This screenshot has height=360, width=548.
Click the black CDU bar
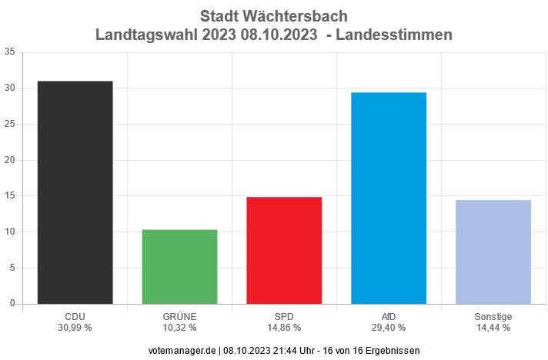click(75, 192)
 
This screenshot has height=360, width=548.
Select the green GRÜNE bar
click(179, 266)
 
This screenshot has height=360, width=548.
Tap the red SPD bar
click(284, 250)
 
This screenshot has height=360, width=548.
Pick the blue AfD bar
click(389, 198)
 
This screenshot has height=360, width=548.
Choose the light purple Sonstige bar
click(493, 252)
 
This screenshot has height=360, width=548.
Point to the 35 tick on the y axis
click(9, 52)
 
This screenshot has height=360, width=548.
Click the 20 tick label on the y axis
click(9, 160)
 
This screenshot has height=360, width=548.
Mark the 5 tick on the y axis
click(12, 268)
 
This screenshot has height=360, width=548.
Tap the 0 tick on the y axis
click(12, 303)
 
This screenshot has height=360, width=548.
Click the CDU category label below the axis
click(75, 316)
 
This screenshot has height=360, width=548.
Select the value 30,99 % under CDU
click(75, 327)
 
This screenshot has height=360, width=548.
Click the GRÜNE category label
click(179, 316)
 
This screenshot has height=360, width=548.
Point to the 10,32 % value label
click(179, 327)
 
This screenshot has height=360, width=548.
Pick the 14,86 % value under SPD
click(284, 327)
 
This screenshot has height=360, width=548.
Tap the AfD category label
click(389, 316)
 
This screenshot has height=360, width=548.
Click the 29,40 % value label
click(389, 327)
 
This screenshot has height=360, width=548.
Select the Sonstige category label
click(493, 316)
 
